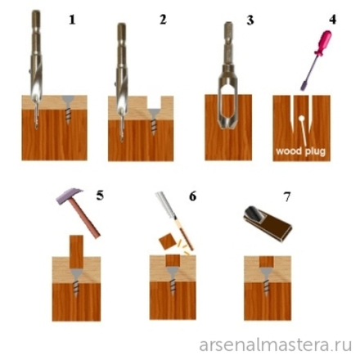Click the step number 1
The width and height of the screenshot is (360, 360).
coord(72,20)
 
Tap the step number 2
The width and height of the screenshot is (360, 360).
coord(163,20)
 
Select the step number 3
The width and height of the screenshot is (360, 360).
coord(250,20)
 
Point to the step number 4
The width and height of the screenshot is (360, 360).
coord(332,20)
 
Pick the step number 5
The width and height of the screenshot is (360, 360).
coord(100,196)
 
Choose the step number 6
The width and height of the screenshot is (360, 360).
coord(192,196)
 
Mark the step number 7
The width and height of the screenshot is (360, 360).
coord(287,197)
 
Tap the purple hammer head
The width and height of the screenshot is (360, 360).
coord(70,196)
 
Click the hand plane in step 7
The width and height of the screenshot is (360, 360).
coord(268,223)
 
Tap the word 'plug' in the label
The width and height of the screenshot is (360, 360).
coord(315,151)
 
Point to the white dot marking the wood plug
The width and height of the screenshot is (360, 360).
coord(301,119)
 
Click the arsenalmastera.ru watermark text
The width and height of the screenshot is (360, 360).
coord(275,345)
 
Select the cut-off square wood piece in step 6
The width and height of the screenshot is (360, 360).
coord(166,241)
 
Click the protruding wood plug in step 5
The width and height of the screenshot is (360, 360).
coord(76,251)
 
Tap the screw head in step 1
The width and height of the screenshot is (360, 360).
coord(68,101)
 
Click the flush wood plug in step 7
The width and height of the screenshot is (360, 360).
coord(266,262)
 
